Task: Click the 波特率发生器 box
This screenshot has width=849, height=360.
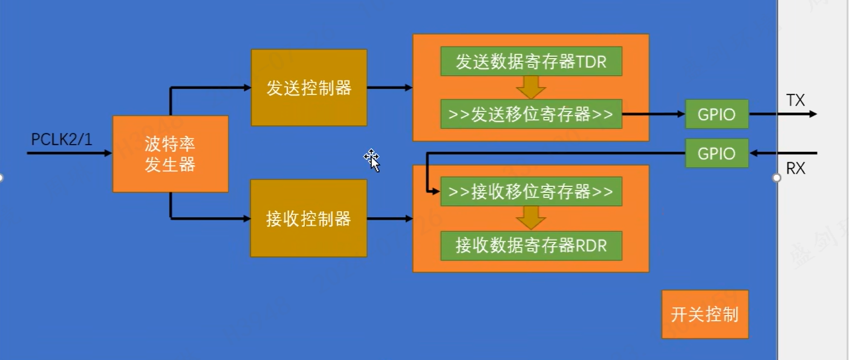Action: [171, 154]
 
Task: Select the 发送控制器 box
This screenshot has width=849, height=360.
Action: [309, 88]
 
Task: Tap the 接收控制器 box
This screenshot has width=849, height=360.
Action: [308, 218]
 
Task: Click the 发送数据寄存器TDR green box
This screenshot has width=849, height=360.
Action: [531, 62]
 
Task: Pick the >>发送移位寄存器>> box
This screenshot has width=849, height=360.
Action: [531, 114]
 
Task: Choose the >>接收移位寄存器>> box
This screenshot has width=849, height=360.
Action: [531, 192]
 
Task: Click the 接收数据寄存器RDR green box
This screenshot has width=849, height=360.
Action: [531, 246]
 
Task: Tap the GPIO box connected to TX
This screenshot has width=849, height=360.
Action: [717, 114]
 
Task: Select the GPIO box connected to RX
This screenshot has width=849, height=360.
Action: [717, 153]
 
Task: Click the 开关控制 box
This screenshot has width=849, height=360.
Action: [705, 315]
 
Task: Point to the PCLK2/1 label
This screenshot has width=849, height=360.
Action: [62, 140]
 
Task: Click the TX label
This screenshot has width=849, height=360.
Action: [796, 100]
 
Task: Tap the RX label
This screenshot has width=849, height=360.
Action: [796, 168]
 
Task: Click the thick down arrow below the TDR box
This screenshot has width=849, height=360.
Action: [531, 88]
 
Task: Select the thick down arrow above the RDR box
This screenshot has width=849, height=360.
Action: [531, 218]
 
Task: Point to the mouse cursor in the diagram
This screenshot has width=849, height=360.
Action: [372, 160]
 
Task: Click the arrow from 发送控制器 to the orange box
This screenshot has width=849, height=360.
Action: [390, 88]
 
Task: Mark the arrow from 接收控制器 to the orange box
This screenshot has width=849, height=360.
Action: [390, 218]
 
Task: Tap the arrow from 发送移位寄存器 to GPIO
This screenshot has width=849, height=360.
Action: [654, 114]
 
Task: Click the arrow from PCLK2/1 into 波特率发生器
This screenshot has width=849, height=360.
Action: [70, 153]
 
